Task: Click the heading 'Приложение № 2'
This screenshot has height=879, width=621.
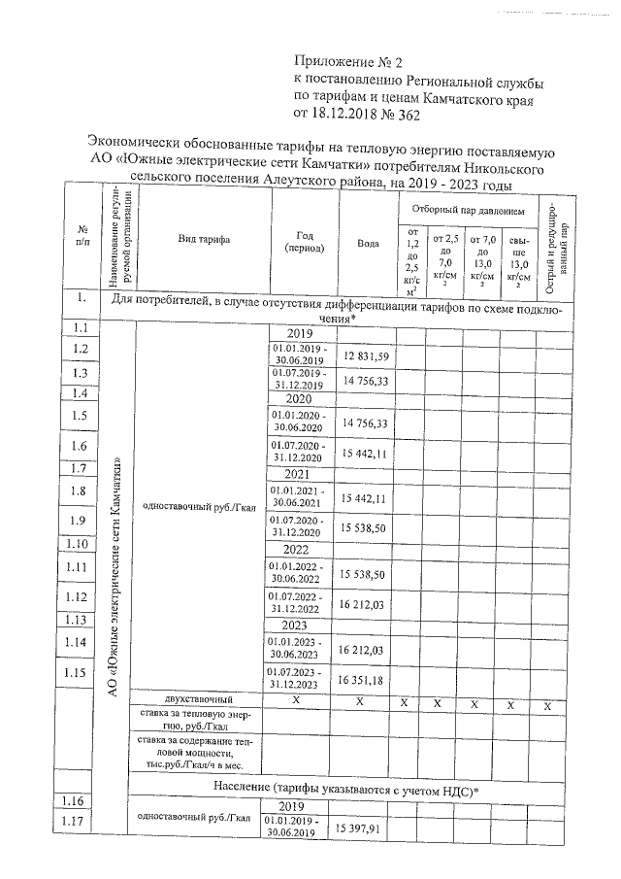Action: [346, 63]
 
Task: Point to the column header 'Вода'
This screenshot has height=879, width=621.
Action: [367, 244]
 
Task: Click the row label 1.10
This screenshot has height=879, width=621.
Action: [80, 545]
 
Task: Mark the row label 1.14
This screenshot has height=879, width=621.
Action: [80, 642]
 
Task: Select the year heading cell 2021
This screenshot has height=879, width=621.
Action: [296, 473]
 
